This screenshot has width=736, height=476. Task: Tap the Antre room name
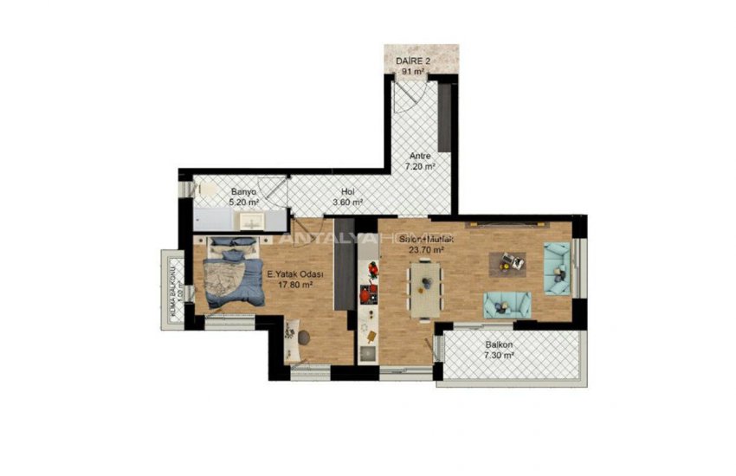pyautogui.click(x=420, y=157)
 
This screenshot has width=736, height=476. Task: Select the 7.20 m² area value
pyautogui.click(x=420, y=167)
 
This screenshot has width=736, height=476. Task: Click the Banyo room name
pyautogui.click(x=242, y=192)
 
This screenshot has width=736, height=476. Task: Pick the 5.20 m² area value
pyautogui.click(x=243, y=203)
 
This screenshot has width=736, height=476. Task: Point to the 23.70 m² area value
pyautogui.click(x=426, y=250)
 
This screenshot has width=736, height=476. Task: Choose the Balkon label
pyautogui.click(x=499, y=344)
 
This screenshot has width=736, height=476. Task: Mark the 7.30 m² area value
pyautogui.click(x=499, y=354)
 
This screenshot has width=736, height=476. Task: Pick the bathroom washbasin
pyautogui.click(x=252, y=222)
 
